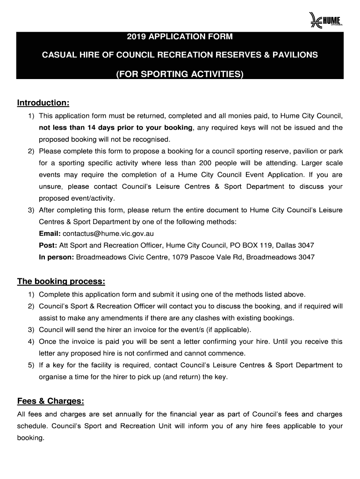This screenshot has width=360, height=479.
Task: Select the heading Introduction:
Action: click(x=43, y=102)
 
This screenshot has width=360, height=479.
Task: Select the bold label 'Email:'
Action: click(x=50, y=233)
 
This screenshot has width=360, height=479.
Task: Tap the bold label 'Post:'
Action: click(x=48, y=245)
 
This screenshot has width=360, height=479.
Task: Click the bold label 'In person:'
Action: click(x=57, y=257)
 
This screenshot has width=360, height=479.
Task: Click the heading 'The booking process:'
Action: click(x=61, y=282)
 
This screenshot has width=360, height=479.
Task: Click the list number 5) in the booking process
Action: click(x=31, y=365)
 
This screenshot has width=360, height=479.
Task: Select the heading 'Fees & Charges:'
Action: click(x=50, y=401)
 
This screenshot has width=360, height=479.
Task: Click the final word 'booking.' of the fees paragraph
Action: click(x=30, y=438)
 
